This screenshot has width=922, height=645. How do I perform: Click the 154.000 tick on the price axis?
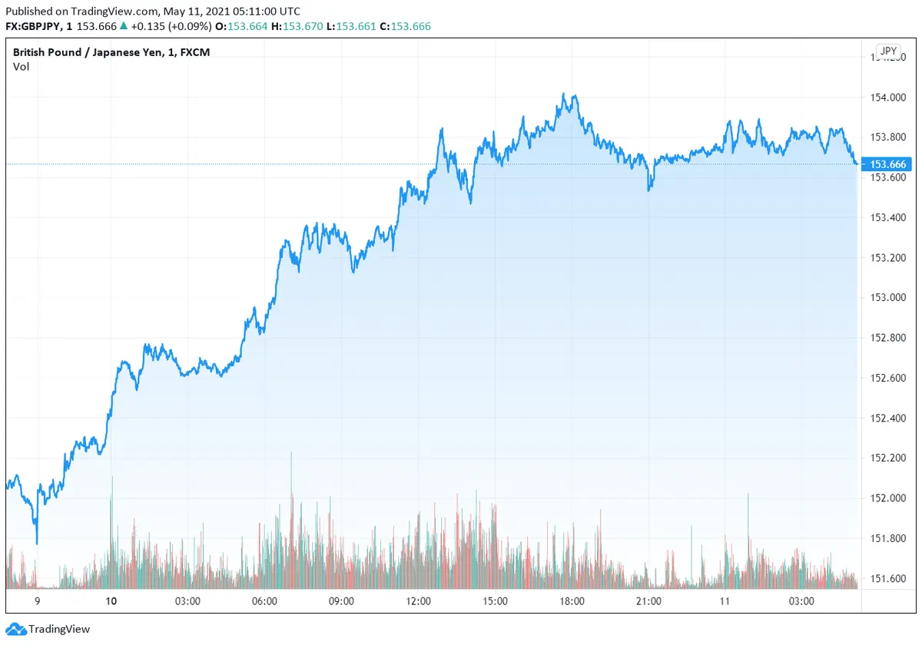(888, 98)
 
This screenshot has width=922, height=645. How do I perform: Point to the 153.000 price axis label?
(888, 297)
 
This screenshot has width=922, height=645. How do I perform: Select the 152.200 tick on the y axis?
(888, 458)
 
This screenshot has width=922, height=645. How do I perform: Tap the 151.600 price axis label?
(888, 578)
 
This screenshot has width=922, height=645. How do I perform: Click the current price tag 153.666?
(888, 164)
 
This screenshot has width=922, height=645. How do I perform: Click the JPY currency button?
(888, 51)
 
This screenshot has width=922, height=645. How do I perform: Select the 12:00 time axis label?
(418, 601)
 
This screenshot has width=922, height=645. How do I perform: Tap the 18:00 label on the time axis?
(572, 601)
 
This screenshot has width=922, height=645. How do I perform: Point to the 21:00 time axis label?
(648, 601)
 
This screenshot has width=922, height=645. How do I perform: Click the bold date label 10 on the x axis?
(111, 601)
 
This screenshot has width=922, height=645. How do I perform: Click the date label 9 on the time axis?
(37, 601)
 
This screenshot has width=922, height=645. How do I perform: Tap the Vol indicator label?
(21, 67)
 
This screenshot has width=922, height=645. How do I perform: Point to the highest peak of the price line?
(564, 94)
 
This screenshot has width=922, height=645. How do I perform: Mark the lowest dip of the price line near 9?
(37, 543)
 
